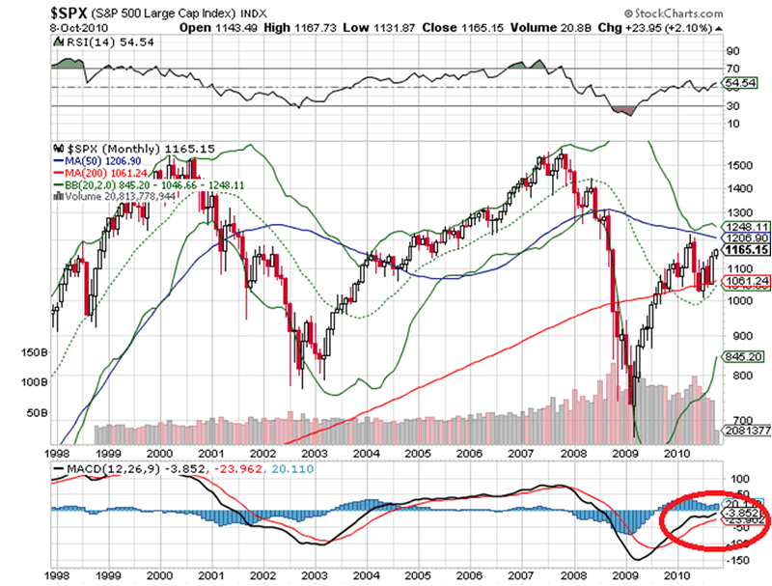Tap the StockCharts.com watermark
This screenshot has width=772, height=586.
click(692, 14)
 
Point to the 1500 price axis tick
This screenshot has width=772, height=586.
click(738, 165)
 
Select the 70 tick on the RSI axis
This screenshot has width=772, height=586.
click(732, 70)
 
